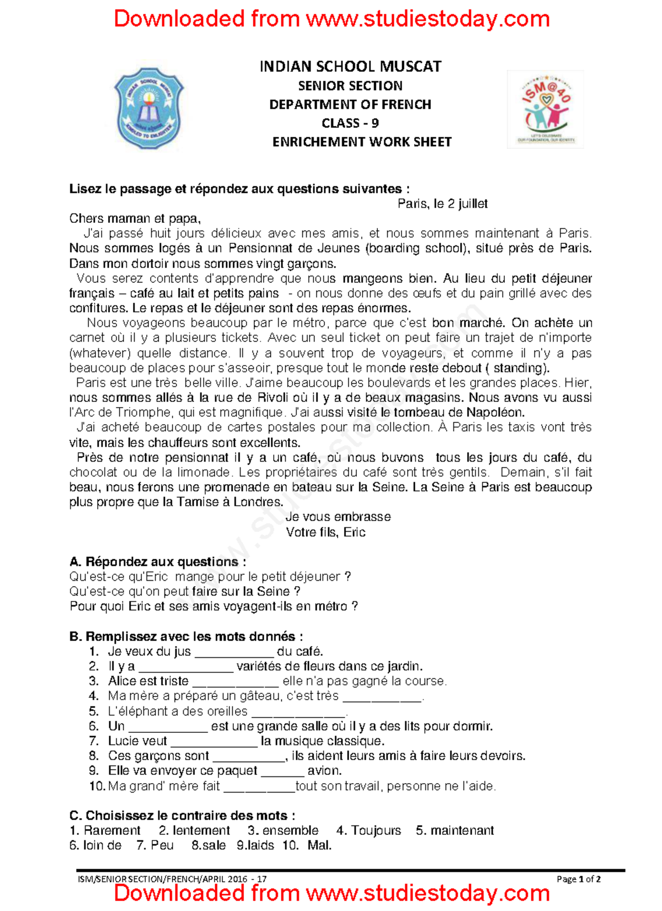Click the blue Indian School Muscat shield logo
[x=149, y=109]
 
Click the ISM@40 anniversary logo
[x=546, y=109]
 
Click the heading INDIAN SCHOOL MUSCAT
[x=350, y=67]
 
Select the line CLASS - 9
[x=350, y=123]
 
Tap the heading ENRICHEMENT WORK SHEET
[x=362, y=142]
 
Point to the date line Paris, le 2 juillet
[x=442, y=204]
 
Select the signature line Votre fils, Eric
[x=325, y=532]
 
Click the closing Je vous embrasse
[x=338, y=517]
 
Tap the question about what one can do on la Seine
[x=185, y=592]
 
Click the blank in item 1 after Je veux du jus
[x=234, y=653]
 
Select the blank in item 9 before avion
[x=282, y=772]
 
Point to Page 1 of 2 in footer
[x=578, y=879]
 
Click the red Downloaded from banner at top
[x=332, y=19]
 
